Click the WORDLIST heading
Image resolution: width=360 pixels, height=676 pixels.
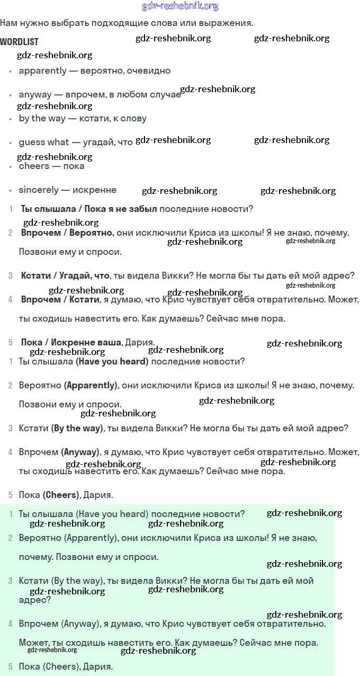[x=19, y=41]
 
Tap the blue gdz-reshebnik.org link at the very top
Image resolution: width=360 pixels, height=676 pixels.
[x=180, y=6]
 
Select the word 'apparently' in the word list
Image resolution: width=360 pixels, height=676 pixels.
[x=43, y=70]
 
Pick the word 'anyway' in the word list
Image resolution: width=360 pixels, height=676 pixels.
[x=35, y=94]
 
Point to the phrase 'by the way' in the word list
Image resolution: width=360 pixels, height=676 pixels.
[x=42, y=118]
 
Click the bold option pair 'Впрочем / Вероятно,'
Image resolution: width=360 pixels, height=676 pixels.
[x=68, y=233]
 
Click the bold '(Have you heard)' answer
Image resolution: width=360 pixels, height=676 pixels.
[x=112, y=361]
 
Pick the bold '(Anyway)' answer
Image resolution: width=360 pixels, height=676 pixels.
[x=80, y=452]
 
